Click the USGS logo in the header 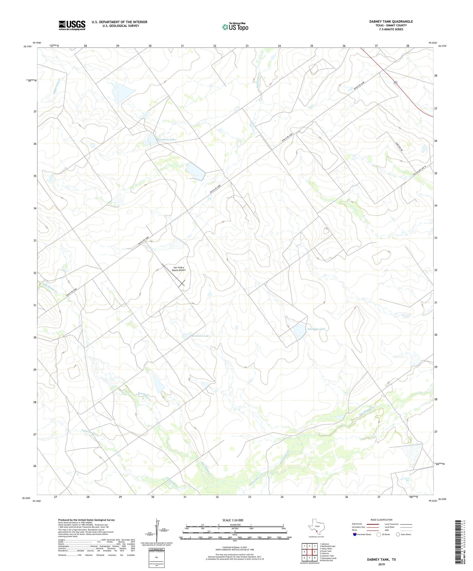[x=72, y=25]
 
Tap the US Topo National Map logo [x=235, y=27]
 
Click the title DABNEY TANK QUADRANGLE [x=391, y=21]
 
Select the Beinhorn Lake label [x=201, y=336]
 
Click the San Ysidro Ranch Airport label [x=178, y=269]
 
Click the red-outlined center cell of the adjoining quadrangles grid [x=309, y=552]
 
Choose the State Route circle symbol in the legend [x=398, y=534]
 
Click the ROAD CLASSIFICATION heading [x=382, y=520]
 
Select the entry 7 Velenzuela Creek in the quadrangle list [x=328, y=558]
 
